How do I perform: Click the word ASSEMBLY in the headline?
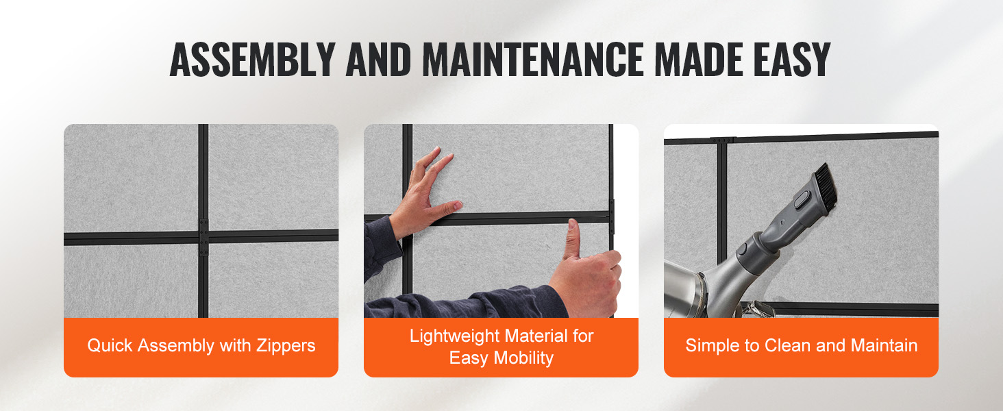point(253,60)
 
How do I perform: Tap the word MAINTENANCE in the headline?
point(533,60)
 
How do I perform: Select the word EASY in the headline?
point(792,60)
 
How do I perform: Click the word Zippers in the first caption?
point(286,346)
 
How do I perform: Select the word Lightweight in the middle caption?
point(454,336)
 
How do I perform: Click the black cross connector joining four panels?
point(203,237)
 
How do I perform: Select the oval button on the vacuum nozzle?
point(802,199)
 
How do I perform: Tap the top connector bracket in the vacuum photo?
point(723,140)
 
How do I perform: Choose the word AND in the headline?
point(378,60)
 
